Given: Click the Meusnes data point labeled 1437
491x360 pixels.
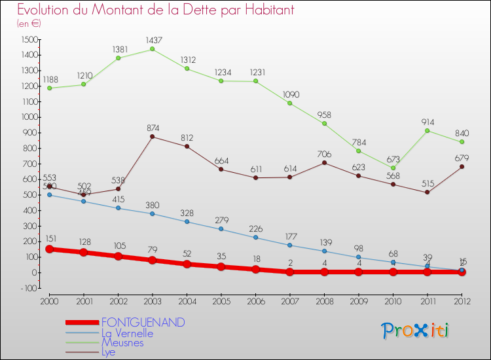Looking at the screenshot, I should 152,49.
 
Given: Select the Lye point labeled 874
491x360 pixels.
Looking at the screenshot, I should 152,136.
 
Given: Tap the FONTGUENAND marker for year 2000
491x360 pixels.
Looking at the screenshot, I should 49,249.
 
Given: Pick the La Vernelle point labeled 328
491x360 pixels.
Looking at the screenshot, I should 187,221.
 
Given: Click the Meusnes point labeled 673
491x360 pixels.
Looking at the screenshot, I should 393,168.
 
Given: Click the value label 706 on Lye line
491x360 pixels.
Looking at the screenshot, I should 324,154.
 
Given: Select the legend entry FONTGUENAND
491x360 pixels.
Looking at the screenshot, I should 143,323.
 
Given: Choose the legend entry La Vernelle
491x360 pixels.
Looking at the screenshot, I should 136,333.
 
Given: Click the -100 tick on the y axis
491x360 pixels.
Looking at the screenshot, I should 27,288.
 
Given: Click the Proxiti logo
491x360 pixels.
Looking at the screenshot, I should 416,331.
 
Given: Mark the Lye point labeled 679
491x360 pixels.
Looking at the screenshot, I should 462,166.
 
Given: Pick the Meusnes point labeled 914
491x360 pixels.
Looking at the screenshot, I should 427,130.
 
